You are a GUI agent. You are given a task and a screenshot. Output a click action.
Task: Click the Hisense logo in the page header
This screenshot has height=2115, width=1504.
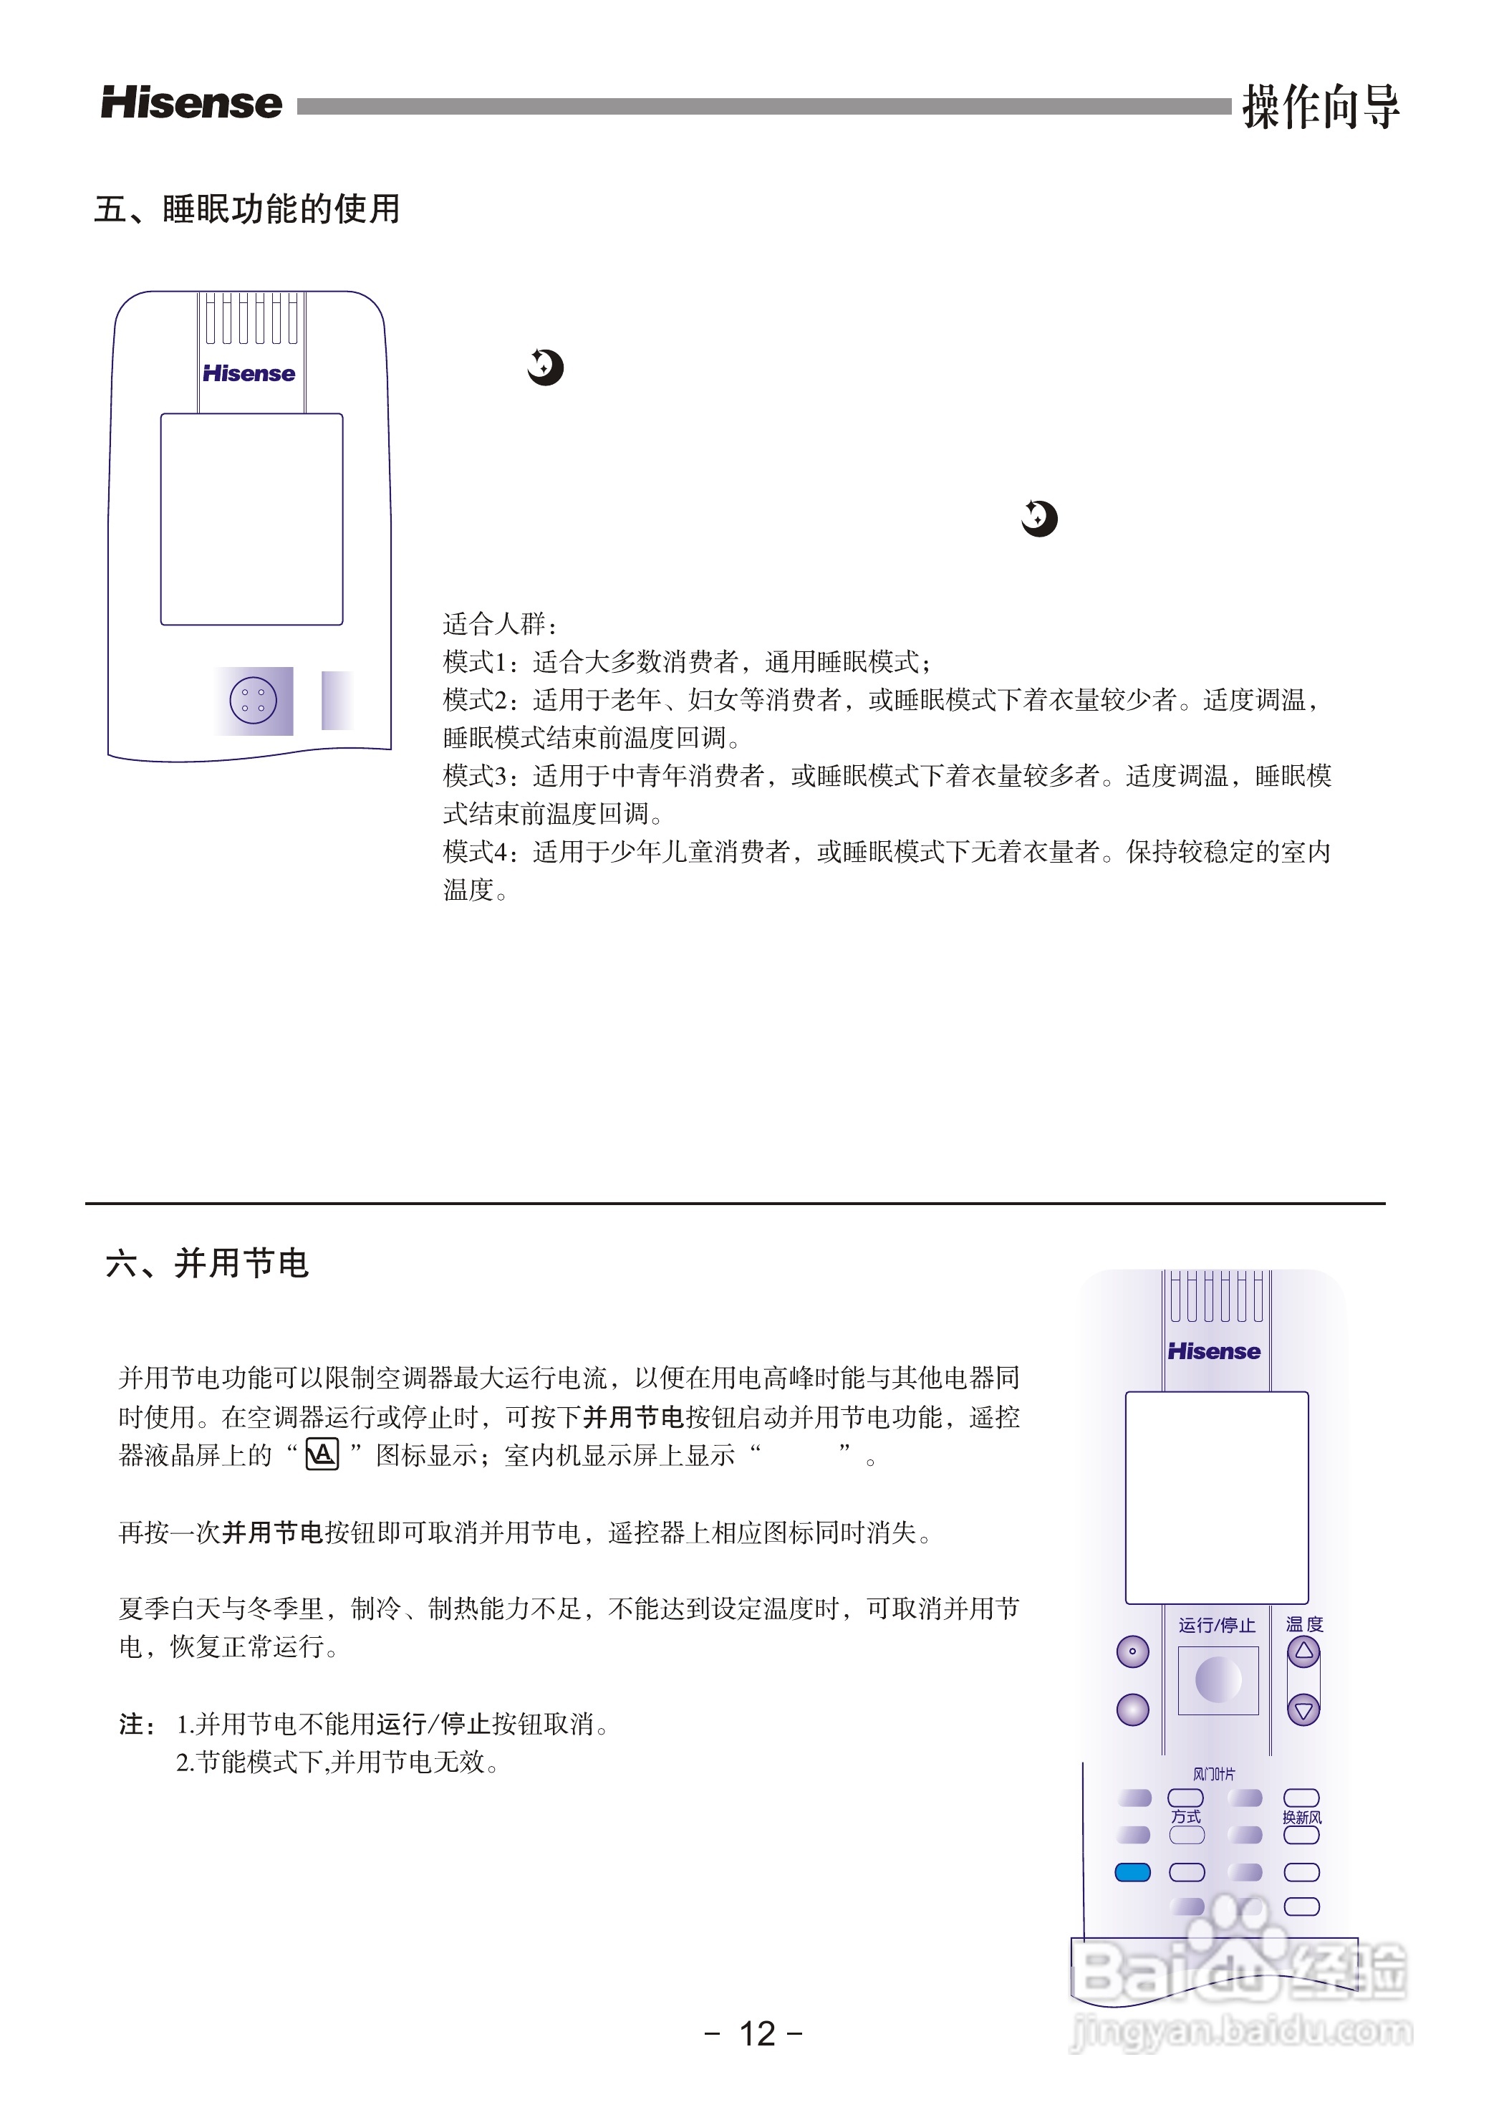(x=191, y=103)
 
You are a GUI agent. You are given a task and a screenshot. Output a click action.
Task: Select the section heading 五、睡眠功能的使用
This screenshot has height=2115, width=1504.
(x=246, y=209)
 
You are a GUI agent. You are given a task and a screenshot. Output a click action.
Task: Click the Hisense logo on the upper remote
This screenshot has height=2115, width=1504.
(x=249, y=373)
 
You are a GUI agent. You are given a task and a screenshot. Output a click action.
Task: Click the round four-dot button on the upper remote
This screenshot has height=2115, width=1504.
(x=253, y=701)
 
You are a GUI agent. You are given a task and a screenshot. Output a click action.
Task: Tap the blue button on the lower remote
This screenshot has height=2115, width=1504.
(x=1132, y=1872)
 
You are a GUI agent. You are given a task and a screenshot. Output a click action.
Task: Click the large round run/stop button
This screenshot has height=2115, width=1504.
(x=1218, y=1679)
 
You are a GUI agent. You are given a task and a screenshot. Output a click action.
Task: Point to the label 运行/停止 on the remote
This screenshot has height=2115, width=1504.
(x=1217, y=1625)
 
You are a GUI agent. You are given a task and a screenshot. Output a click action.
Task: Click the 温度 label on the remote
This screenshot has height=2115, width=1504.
(x=1304, y=1624)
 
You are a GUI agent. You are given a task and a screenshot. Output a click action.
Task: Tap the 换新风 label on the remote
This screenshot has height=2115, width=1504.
(x=1301, y=1818)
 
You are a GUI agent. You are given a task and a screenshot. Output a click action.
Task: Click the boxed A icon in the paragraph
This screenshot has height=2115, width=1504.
(x=322, y=1454)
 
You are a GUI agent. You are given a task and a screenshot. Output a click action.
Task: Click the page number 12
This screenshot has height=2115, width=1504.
(x=756, y=2033)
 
